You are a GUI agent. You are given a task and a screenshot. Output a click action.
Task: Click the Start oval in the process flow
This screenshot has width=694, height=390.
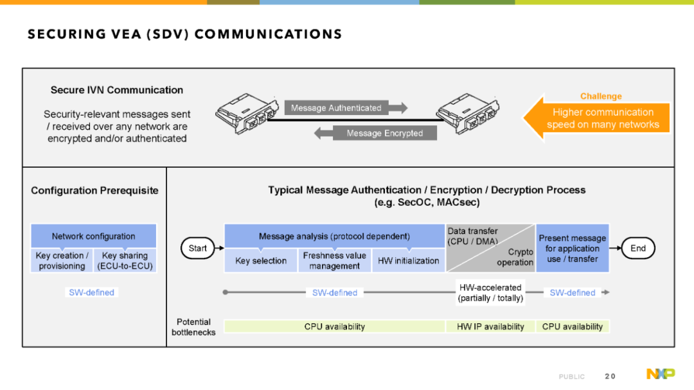[197, 249]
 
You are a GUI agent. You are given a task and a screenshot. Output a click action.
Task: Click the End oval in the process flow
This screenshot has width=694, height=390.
[638, 249]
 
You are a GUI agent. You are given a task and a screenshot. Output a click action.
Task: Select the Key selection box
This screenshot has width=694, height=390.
[261, 261]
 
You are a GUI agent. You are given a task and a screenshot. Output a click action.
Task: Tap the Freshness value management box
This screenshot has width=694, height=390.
[335, 261]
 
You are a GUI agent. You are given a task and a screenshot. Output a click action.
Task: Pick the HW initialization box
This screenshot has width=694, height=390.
[408, 261]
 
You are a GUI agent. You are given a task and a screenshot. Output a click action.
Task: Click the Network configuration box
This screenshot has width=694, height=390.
[93, 236]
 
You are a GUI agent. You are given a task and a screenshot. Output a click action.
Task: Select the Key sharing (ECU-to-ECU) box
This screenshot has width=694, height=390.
[125, 261]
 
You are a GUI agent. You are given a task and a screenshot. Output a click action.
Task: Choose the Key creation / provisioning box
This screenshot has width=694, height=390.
[62, 261]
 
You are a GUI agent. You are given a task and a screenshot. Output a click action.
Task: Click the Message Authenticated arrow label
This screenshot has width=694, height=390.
[336, 108]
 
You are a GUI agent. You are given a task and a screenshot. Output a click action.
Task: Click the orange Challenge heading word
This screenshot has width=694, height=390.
[601, 96]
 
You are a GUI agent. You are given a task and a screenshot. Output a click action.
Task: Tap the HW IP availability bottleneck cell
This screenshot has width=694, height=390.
[490, 326]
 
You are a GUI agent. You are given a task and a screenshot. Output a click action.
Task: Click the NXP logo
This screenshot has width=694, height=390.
[661, 374]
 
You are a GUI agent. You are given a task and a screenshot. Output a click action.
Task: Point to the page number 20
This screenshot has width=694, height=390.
[610, 377]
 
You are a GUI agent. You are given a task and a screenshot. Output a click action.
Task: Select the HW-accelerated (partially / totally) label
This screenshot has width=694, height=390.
[490, 292]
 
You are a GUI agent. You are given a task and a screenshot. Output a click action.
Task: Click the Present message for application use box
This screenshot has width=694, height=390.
[573, 249]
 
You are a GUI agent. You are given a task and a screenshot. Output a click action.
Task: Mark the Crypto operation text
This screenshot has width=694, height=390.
[515, 257]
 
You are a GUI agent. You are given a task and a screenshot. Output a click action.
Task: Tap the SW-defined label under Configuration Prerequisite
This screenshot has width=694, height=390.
[92, 292]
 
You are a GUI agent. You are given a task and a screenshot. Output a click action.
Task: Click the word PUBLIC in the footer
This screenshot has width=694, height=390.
[571, 377]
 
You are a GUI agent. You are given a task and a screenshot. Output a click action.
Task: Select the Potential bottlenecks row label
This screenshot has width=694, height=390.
[193, 327]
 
